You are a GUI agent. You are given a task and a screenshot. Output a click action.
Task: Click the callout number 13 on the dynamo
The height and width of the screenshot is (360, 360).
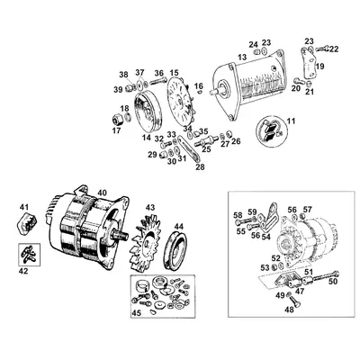[x=241, y=58]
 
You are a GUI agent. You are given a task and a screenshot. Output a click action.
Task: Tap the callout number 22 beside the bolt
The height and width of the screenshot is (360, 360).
[x=335, y=48]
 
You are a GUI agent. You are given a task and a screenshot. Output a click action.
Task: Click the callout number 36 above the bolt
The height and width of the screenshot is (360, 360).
[x=157, y=73]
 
